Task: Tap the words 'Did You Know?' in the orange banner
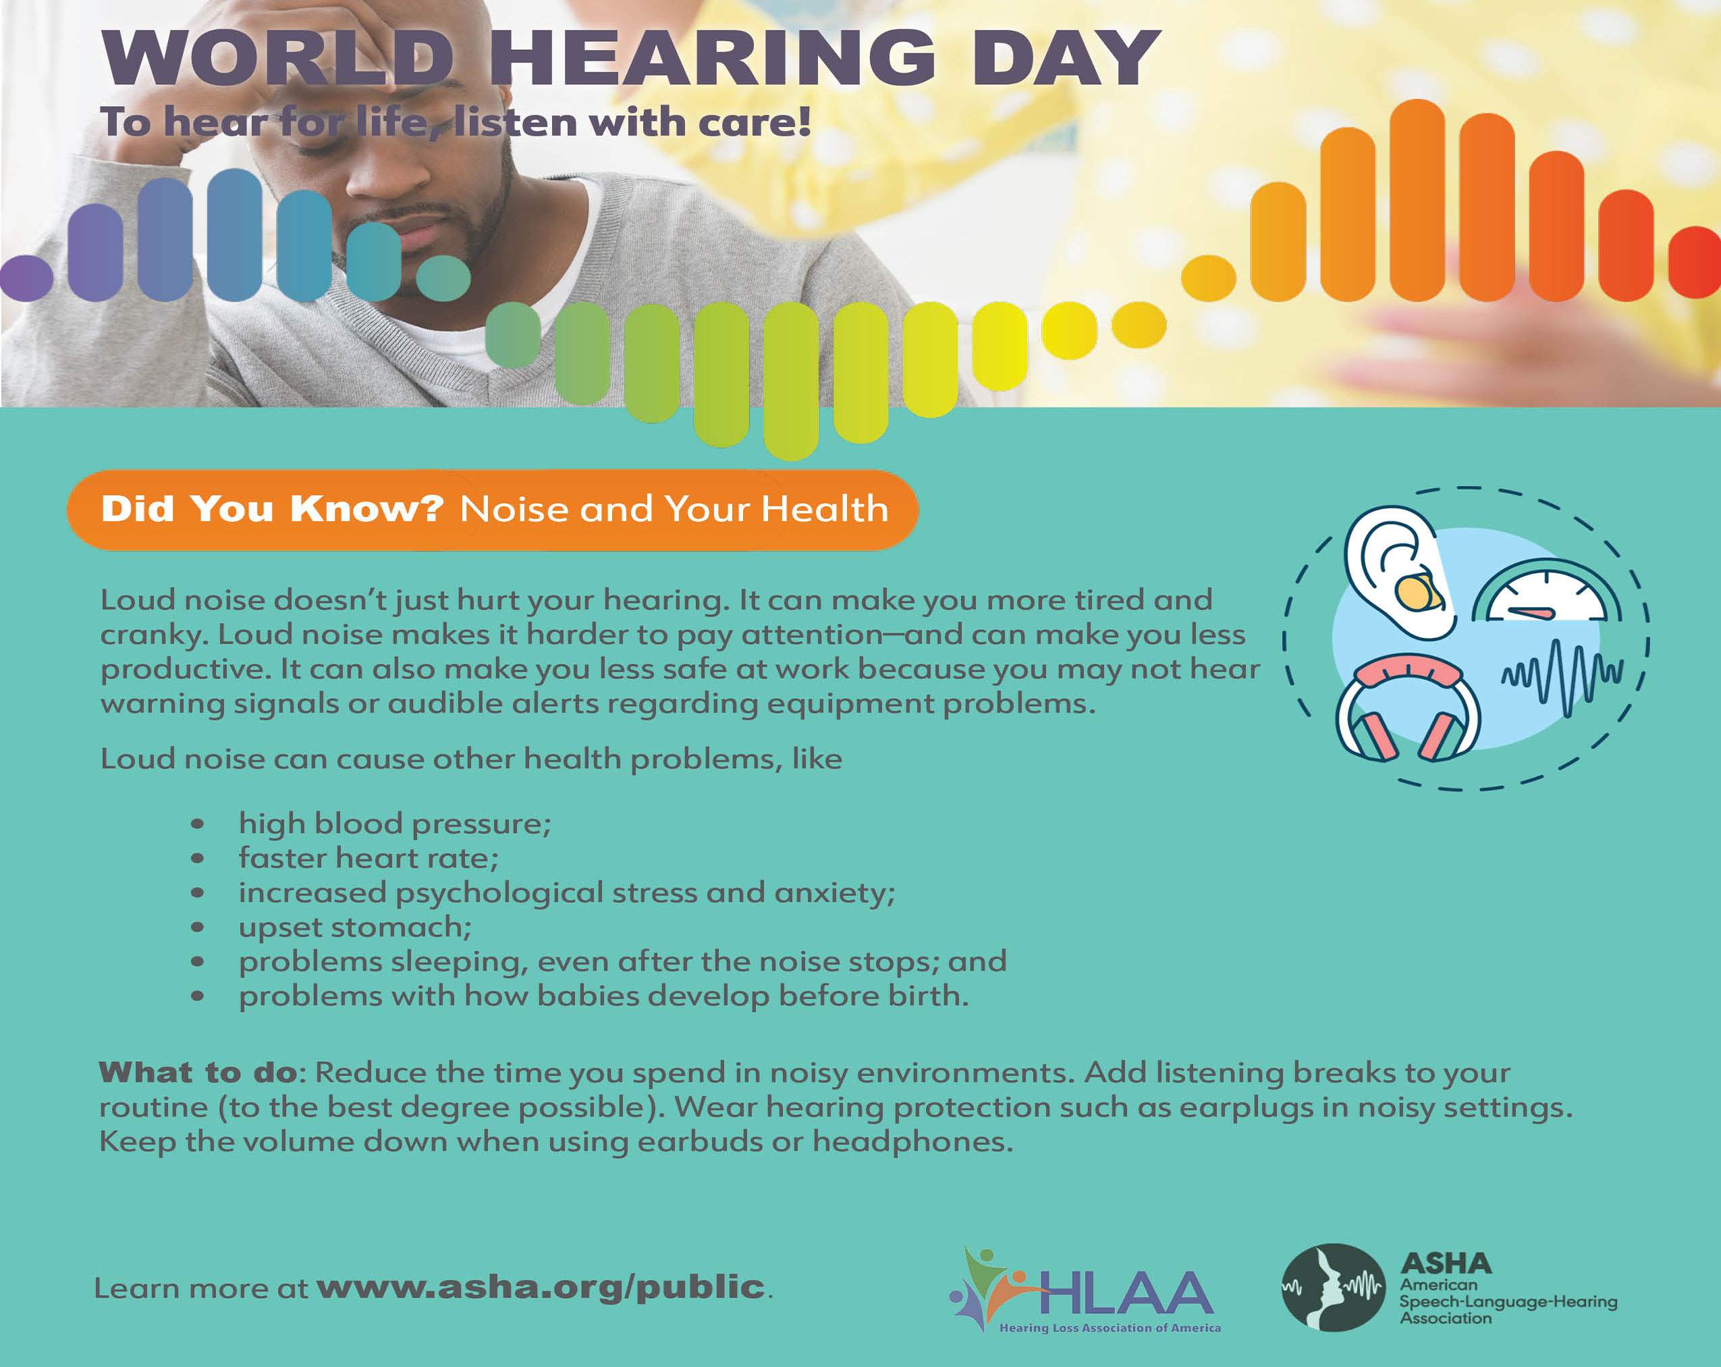[272, 508]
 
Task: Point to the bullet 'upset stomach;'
[355, 927]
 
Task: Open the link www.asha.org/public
[541, 1287]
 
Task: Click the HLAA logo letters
[1126, 1293]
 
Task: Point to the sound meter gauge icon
[1546, 591]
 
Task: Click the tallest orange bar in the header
[1417, 200]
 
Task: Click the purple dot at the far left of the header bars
[26, 278]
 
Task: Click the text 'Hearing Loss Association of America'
[1110, 1328]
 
